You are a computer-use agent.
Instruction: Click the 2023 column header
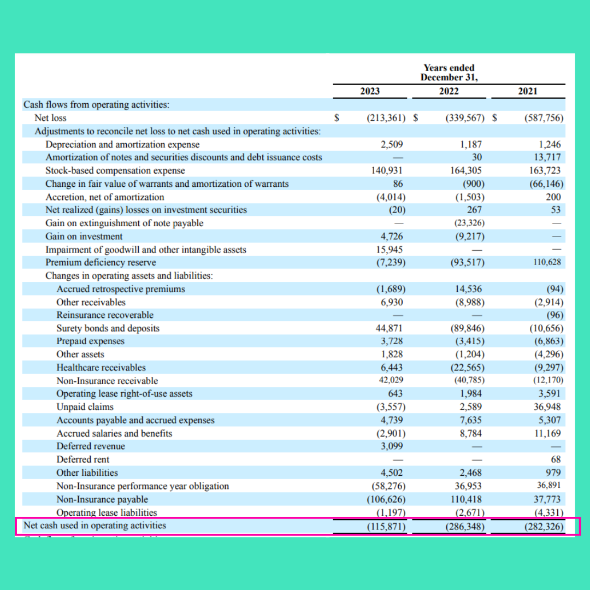pos(370,91)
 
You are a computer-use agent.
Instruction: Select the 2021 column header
pos(527,91)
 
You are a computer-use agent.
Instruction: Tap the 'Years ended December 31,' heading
pos(449,73)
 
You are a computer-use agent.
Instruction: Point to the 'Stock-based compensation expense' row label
pos(115,170)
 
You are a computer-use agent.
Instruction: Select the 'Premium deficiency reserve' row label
pos(101,263)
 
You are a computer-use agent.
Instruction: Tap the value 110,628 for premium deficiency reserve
pos(547,263)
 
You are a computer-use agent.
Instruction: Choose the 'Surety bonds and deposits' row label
pos(108,328)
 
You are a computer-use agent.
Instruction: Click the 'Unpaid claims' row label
pos(85,407)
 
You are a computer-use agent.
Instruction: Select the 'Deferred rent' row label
pos(83,459)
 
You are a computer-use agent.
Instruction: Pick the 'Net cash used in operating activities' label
pos(95,526)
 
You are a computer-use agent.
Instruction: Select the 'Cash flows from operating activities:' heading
pos(97,104)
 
